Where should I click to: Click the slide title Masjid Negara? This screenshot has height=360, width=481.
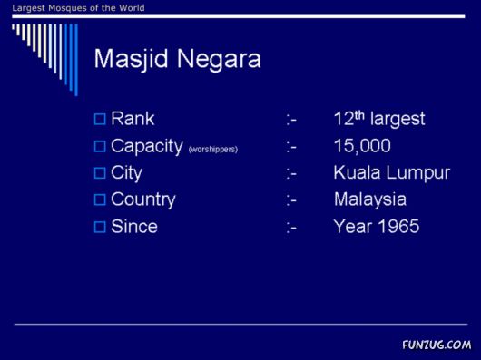point(177,60)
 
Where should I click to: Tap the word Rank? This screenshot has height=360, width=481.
point(133,119)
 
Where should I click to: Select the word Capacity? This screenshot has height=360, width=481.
point(146,146)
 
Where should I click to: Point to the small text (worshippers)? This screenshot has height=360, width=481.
point(212,149)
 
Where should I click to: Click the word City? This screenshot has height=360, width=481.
point(126,172)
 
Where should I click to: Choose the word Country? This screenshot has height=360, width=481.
point(142,199)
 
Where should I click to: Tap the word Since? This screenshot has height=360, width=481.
point(133,227)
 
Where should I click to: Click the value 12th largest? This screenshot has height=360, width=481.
point(378,119)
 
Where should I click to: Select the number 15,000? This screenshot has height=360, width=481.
point(362,146)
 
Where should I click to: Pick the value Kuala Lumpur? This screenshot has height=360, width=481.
point(391,172)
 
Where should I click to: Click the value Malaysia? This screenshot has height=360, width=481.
point(369,199)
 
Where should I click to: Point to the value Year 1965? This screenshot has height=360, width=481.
point(376,227)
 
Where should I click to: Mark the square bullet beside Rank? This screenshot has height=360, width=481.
point(100,119)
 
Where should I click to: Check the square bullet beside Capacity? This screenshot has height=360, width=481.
point(100,146)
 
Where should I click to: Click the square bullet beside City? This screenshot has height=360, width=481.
point(100,173)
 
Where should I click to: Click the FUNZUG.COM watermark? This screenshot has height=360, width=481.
point(437,345)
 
